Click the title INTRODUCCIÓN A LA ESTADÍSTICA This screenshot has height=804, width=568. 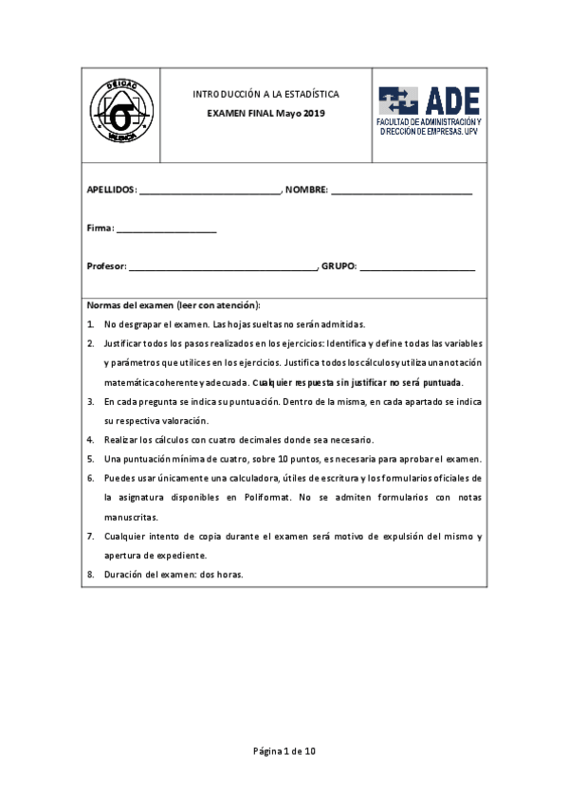point(266,95)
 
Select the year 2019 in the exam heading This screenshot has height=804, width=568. point(313,114)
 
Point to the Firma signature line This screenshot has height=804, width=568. point(166,229)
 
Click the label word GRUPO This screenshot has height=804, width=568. point(339,267)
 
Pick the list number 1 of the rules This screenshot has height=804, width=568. point(90,324)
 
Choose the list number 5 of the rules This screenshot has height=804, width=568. point(90,459)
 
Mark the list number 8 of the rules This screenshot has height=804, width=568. point(90,575)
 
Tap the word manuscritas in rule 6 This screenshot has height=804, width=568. point(131,518)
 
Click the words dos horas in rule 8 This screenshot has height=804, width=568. point(222,575)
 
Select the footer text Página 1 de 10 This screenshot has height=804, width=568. point(284,751)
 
